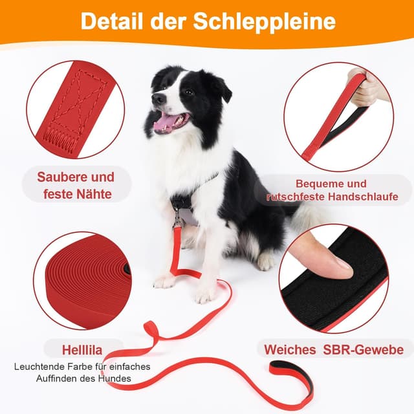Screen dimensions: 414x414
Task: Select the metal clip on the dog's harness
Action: [177, 219]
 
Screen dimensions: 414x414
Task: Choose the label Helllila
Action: [82, 350]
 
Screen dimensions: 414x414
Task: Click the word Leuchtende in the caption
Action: [43, 367]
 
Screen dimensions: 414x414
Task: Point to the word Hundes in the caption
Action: [114, 378]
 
